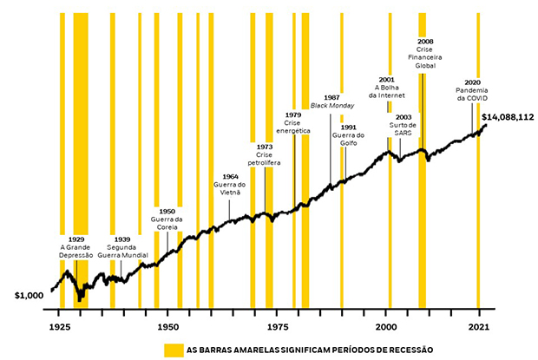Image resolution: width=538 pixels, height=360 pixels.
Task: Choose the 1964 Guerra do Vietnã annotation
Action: [x=230, y=185]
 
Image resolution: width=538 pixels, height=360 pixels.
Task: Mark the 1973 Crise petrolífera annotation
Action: [x=265, y=155]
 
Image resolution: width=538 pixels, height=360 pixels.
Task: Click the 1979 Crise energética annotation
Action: [x=293, y=123]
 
